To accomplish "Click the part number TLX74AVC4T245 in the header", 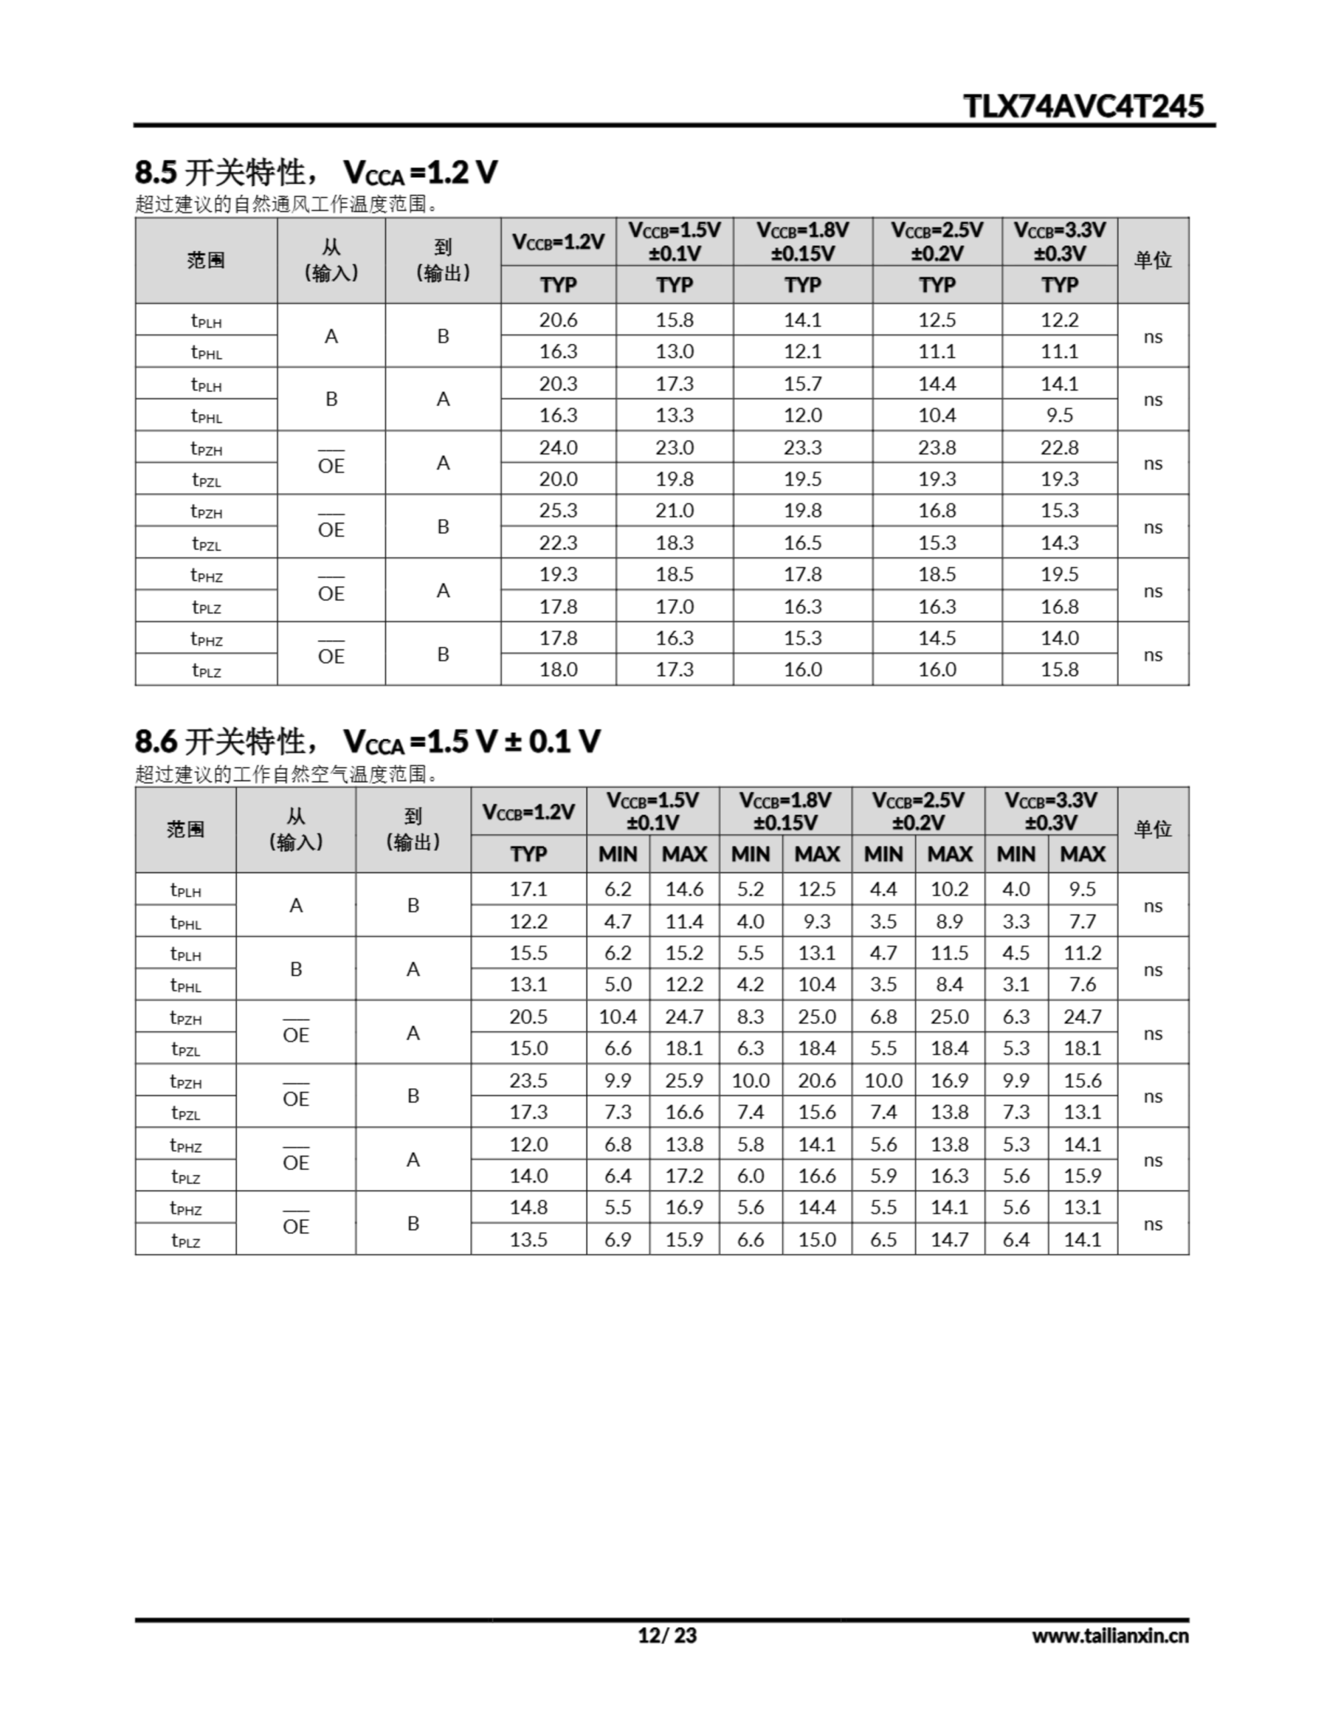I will (x=1082, y=106).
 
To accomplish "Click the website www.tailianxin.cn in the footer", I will (x=1110, y=1636).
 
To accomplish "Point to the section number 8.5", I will (x=156, y=172).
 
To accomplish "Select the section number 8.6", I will (x=156, y=741).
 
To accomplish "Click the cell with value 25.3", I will (x=558, y=511).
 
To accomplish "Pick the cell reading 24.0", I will (x=558, y=447).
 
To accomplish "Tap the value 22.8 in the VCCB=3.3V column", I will (x=1059, y=447).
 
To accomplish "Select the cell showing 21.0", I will (x=674, y=511).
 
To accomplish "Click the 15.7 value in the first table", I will (x=802, y=384).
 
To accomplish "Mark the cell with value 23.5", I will (x=528, y=1081).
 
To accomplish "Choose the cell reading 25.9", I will (x=683, y=1081).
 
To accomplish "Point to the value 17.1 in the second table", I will (x=528, y=889).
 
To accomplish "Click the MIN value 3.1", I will (x=1015, y=984).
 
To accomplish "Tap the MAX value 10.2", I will (x=950, y=889).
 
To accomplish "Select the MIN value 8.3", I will (x=750, y=1017).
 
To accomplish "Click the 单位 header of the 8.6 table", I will (x=1152, y=829).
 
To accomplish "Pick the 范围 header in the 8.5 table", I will (x=205, y=260).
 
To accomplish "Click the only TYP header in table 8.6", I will (x=528, y=854).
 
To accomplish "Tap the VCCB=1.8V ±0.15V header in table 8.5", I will (x=802, y=242).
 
